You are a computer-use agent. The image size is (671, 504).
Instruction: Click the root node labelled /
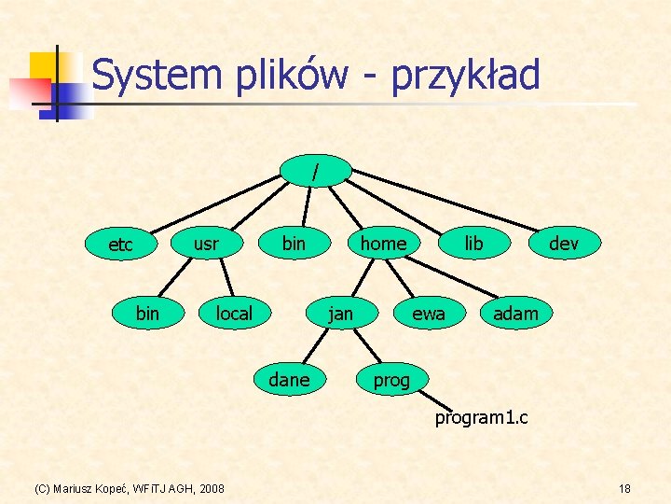[318, 171]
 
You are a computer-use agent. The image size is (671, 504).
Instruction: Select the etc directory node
[120, 245]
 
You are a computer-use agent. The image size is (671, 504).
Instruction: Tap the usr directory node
[206, 244]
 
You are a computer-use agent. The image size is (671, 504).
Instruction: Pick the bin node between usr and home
[294, 244]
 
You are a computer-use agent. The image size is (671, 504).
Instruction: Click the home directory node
[383, 244]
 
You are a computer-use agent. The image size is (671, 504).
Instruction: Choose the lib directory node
[473, 244]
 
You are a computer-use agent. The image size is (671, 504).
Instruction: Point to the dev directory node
[563, 244]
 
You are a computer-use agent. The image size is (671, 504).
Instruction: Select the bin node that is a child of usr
[147, 314]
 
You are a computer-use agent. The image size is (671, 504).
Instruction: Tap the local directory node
[234, 314]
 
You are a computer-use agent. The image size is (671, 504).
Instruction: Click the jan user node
[341, 314]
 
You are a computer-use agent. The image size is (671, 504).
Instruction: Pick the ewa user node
[428, 314]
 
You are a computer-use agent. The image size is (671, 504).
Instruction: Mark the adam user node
[515, 314]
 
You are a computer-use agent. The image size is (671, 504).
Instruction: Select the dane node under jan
[289, 380]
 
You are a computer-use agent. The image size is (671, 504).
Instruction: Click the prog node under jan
[391, 380]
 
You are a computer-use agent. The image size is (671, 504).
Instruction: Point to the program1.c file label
[481, 417]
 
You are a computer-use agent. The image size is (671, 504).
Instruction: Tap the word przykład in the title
[465, 76]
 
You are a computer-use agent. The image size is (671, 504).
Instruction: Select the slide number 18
[623, 489]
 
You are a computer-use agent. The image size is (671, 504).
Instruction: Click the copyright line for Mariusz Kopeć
[129, 489]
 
